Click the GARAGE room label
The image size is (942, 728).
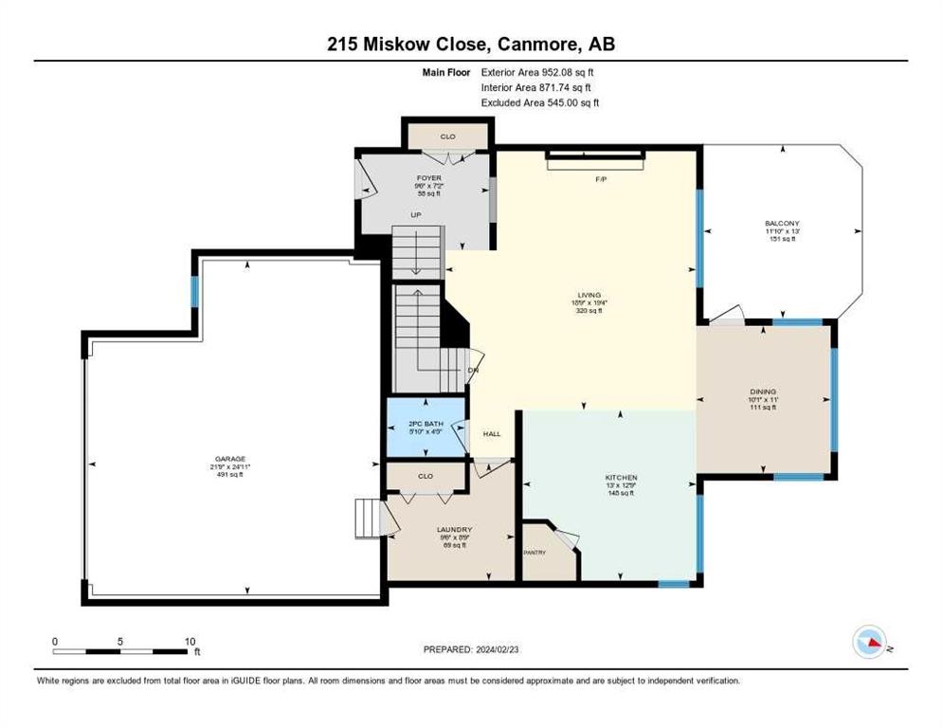229,458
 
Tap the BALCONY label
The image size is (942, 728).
782,223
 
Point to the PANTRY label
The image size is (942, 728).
536,552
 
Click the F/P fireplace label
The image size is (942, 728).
599,178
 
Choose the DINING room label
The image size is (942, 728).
764,391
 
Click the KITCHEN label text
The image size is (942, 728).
622,477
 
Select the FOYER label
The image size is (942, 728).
429,177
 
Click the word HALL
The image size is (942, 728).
492,434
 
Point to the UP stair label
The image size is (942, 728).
415,215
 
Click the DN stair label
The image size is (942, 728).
472,370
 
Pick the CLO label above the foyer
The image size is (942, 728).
447,137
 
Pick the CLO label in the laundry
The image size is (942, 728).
426,476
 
